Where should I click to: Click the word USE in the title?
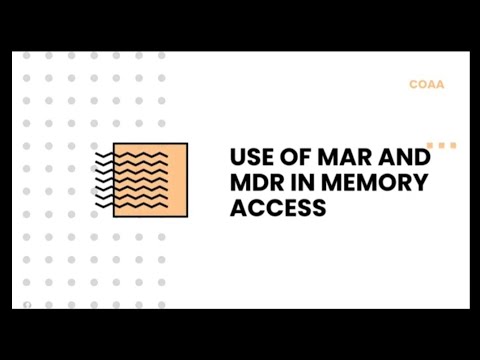(250, 158)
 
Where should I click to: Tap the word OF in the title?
(295, 158)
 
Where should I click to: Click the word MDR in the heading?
(255, 184)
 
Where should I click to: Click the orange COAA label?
(426, 85)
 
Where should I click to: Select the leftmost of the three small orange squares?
(430, 146)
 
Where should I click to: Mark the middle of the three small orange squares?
(441, 146)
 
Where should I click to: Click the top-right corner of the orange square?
(187, 144)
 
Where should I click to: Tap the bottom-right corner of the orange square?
(187, 217)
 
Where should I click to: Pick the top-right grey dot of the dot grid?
(162, 55)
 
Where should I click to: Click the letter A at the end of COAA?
(440, 85)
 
